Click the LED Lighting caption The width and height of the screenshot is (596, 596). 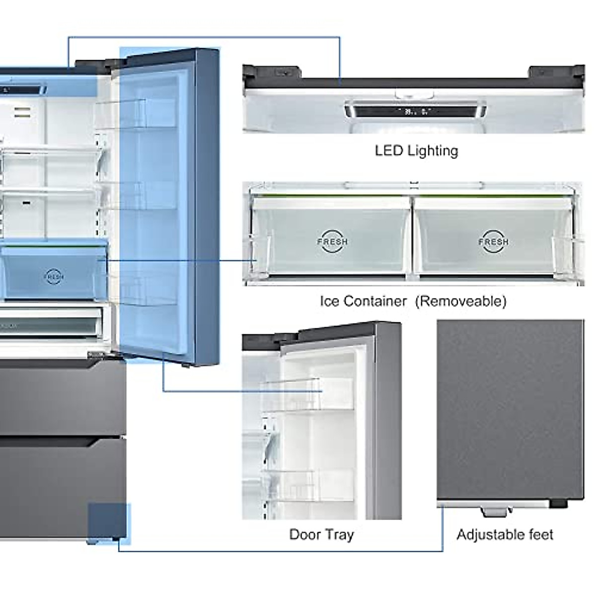[x=416, y=150]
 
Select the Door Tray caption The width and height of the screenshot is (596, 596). [x=321, y=534]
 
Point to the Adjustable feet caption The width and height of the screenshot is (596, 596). [x=505, y=534]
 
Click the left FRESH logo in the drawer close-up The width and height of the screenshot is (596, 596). [x=332, y=241]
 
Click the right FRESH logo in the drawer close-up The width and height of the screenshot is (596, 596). [x=493, y=241]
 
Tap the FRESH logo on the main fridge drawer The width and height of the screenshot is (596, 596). [x=54, y=276]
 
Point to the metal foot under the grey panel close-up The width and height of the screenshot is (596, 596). [x=497, y=510]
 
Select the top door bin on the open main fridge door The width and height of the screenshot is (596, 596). [x=135, y=114]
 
